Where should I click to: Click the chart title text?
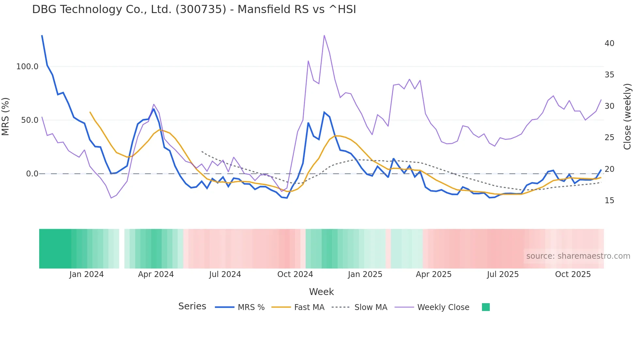pyautogui.click(x=194, y=9)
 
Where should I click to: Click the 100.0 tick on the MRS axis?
pyautogui.click(x=27, y=67)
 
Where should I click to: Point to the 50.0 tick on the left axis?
pyautogui.click(x=29, y=120)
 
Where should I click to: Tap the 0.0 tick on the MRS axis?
pyautogui.click(x=32, y=174)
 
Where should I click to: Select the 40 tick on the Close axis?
pyautogui.click(x=609, y=43)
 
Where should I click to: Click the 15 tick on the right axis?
pyautogui.click(x=609, y=201)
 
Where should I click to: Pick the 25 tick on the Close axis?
pyautogui.click(x=609, y=138)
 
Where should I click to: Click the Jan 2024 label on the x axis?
pyautogui.click(x=86, y=274)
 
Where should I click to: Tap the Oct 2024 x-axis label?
pyautogui.click(x=295, y=274)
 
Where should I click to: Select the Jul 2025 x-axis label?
pyautogui.click(x=503, y=274)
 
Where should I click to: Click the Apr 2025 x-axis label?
pyautogui.click(x=433, y=274)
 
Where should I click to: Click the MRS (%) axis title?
pyautogui.click(x=6, y=117)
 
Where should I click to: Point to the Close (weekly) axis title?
pyautogui.click(x=627, y=117)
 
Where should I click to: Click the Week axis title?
pyautogui.click(x=321, y=292)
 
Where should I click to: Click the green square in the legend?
pyautogui.click(x=486, y=307)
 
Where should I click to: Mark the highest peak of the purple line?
pyautogui.click(x=324, y=35)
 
